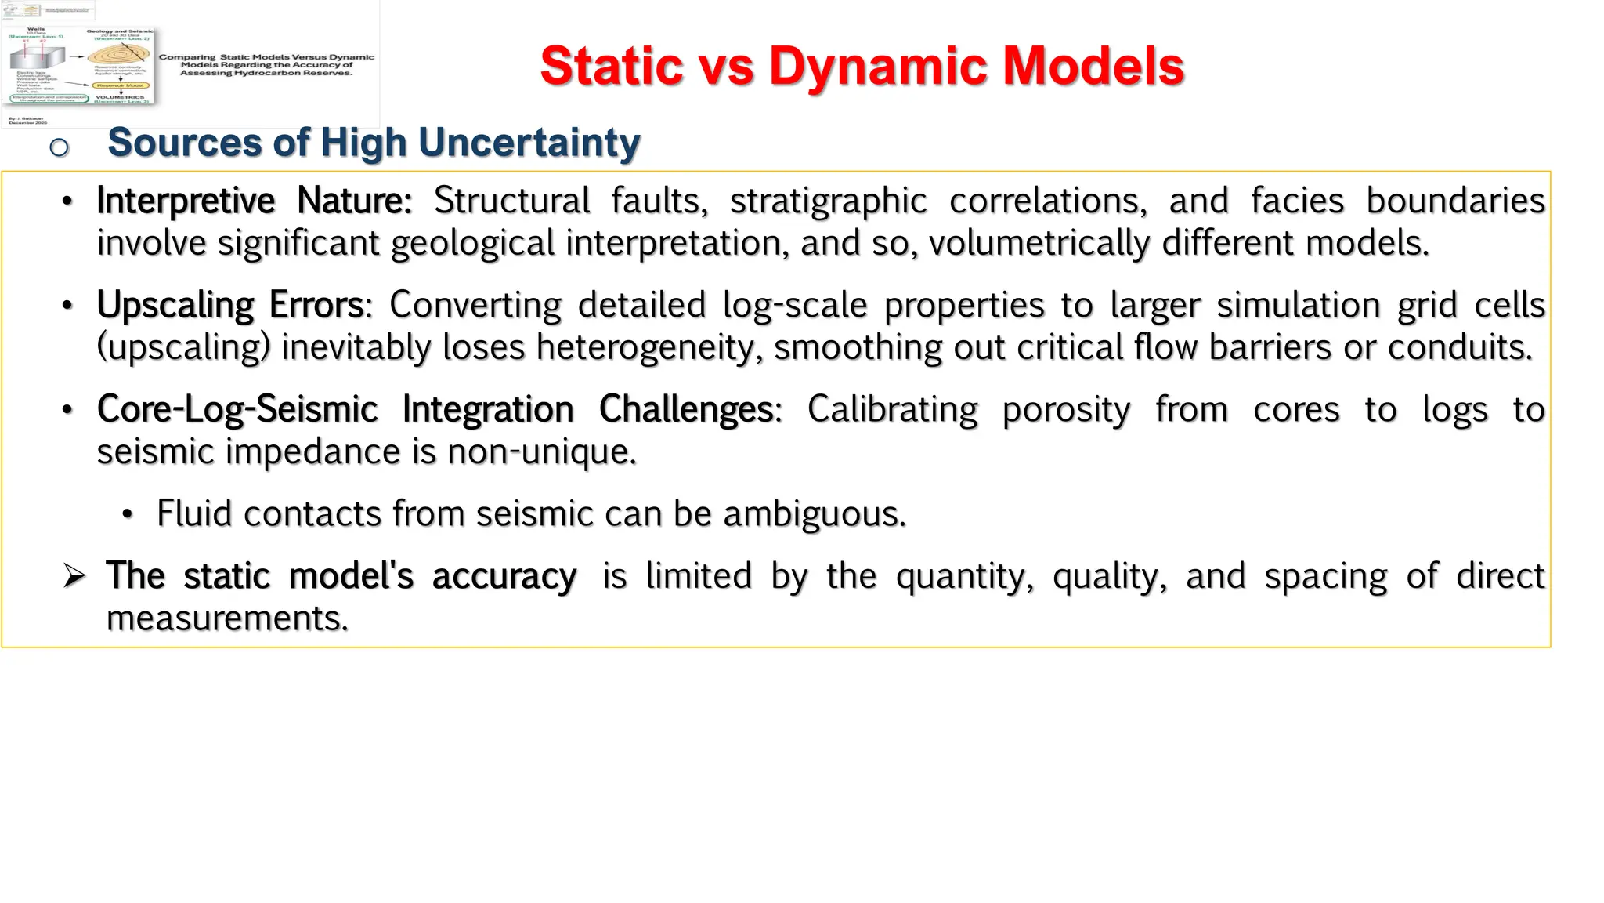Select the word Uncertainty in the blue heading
[x=529, y=143]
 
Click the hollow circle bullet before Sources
[x=60, y=147]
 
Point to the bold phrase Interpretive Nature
[x=254, y=201]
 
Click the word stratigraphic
[x=828, y=201]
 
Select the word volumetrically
[x=1039, y=243]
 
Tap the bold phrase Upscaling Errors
[x=230, y=305]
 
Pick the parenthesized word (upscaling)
[x=183, y=347]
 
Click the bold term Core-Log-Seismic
[x=237, y=409]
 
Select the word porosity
[x=1066, y=409]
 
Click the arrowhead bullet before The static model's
[x=74, y=577]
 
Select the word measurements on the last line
[x=227, y=618]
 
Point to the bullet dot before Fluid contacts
[x=128, y=515]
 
